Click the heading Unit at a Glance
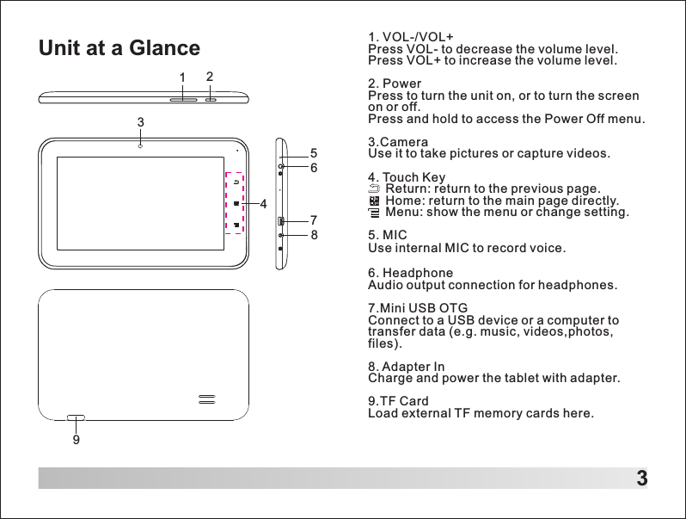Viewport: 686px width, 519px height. coord(119,48)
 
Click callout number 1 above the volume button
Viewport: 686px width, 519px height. coord(183,78)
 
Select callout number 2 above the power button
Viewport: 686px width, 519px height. coord(210,77)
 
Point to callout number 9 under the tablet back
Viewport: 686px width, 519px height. coord(77,439)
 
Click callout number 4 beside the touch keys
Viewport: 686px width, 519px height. coord(263,204)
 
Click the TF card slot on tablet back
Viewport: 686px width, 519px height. coord(77,417)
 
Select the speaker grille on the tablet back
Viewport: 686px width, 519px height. coord(206,399)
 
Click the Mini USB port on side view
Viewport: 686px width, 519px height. coord(280,222)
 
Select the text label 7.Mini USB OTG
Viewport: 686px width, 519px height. coord(418,308)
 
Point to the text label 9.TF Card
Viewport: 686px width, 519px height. coord(398,401)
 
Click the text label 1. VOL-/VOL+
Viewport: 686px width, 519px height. coord(410,36)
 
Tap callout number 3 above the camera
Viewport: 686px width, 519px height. coord(140,122)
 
